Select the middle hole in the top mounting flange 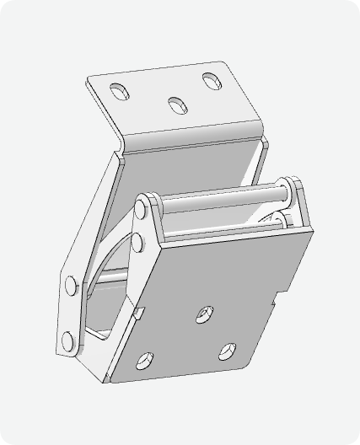(176, 105)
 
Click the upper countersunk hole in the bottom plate (204, 314)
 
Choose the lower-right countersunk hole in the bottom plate (226, 349)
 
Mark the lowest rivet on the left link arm (67, 341)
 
